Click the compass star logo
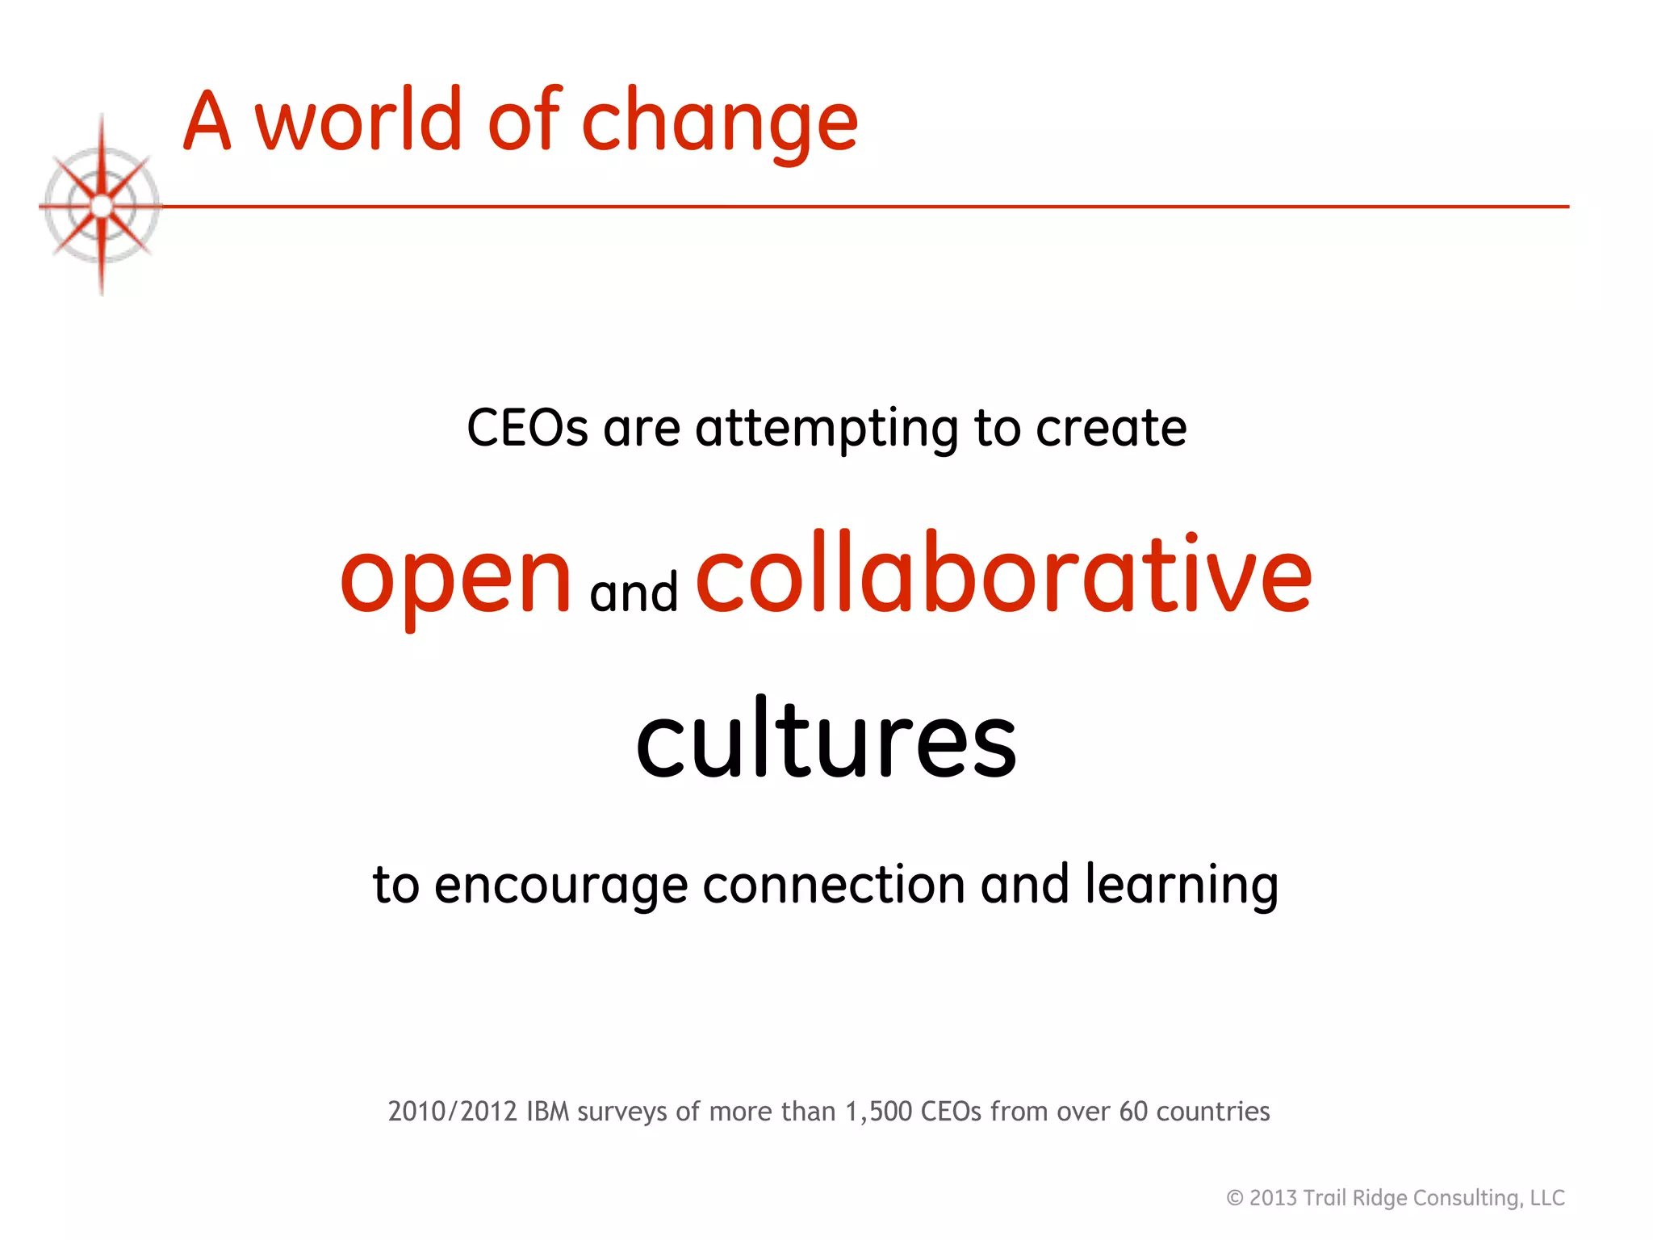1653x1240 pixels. click(x=102, y=206)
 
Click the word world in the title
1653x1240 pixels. click(x=358, y=121)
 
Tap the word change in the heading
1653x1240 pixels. click(x=719, y=123)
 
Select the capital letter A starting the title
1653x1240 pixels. click(x=207, y=121)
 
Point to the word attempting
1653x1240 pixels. click(x=826, y=429)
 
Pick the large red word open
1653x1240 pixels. click(x=456, y=579)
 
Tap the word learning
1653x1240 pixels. click(x=1182, y=886)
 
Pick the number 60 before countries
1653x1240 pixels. click(x=1133, y=1112)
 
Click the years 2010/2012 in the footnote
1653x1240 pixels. click(x=452, y=1112)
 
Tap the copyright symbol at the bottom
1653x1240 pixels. click(x=1234, y=1198)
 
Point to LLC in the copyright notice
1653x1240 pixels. click(x=1547, y=1198)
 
